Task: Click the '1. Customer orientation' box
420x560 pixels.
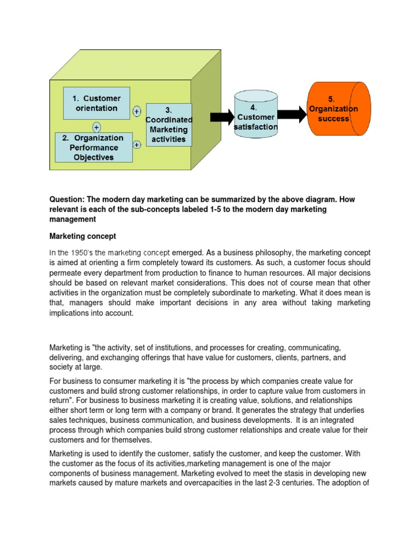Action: (x=96, y=103)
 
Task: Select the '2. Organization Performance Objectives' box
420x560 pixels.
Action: (x=94, y=148)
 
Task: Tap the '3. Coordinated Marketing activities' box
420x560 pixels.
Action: (x=169, y=125)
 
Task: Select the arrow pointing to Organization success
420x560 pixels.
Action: (x=293, y=114)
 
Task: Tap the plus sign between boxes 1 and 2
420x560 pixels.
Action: (x=96, y=126)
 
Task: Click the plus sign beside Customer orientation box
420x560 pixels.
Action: (x=136, y=111)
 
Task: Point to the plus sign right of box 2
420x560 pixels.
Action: (x=136, y=144)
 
